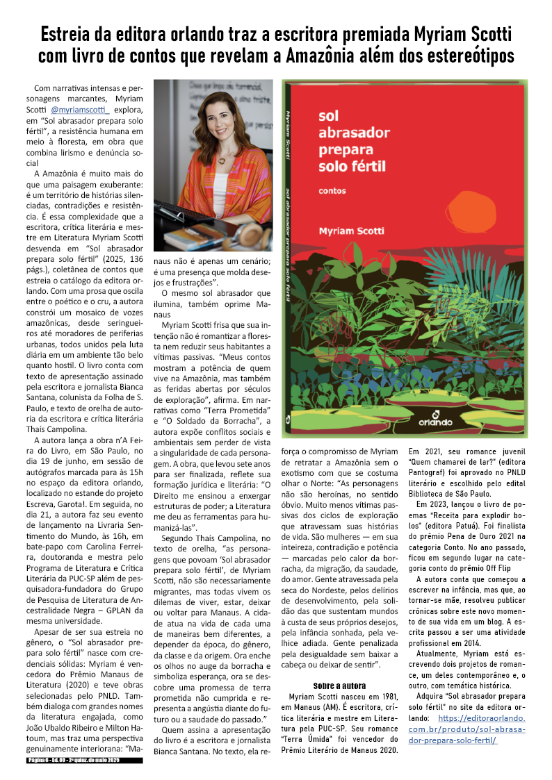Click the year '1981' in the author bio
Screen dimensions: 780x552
click(388, 696)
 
